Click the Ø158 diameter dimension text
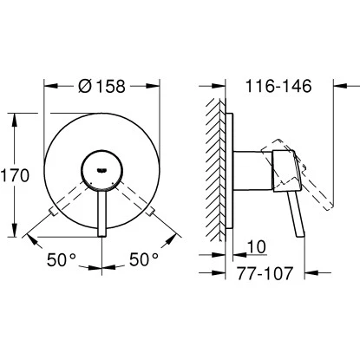[102, 87]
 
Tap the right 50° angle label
[143, 258]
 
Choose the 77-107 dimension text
[266, 273]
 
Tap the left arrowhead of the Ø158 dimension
[48, 87]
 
